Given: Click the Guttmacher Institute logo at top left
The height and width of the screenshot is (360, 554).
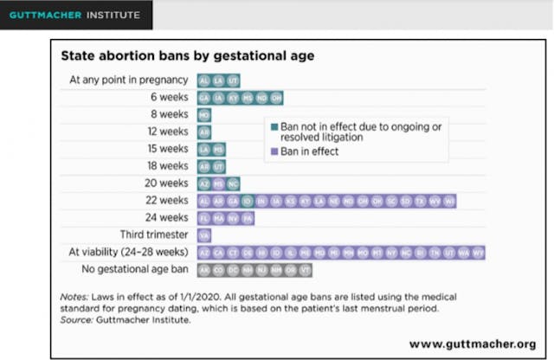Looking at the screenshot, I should tap(76, 15).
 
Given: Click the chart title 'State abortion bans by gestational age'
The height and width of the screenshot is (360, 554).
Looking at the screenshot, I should tap(186, 56).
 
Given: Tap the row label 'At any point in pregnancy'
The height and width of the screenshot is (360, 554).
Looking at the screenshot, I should tap(129, 80).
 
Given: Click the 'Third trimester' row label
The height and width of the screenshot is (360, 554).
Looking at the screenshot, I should tap(154, 235).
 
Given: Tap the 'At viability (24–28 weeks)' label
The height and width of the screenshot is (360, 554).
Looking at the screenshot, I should tap(129, 252).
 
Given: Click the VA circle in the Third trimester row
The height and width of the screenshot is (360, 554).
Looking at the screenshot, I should tap(204, 235).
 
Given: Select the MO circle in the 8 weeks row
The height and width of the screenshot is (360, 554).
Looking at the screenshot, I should tap(204, 114).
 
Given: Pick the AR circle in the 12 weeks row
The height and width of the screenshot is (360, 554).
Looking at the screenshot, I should tap(204, 132).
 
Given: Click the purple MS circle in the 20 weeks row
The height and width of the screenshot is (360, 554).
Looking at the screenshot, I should tap(219, 183).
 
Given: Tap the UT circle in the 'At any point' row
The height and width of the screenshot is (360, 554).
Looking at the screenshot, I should tap(233, 80).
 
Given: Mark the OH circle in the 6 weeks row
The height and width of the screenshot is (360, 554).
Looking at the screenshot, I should tap(276, 97).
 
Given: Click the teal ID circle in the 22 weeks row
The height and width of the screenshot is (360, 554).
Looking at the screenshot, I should tap(248, 200).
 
